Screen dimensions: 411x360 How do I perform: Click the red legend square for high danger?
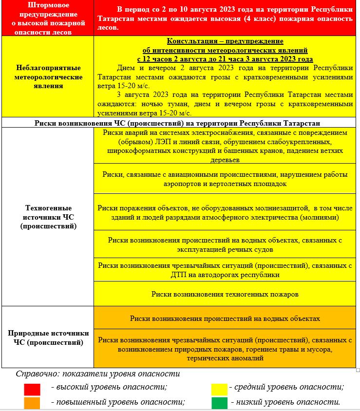32,390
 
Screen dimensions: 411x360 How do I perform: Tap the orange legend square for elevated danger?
32,403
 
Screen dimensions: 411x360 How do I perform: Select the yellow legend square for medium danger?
219,389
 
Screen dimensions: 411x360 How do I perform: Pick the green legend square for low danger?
219,403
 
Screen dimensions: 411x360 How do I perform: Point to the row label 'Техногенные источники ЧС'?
47,217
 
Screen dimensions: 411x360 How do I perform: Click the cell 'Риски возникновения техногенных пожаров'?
225,294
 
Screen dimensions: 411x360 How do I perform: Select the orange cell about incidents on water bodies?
225,318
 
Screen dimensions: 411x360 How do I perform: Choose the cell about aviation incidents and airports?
225,179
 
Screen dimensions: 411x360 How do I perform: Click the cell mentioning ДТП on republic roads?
225,270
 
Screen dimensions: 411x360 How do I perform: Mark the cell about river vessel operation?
225,244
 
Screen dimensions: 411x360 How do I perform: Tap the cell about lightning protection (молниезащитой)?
225,212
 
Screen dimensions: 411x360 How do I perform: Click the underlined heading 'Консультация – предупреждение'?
225,41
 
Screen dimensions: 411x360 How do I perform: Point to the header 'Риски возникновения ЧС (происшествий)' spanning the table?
180,123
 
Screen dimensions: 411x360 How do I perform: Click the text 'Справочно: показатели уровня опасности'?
97,374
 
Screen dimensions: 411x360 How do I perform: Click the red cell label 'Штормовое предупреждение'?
47,18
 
